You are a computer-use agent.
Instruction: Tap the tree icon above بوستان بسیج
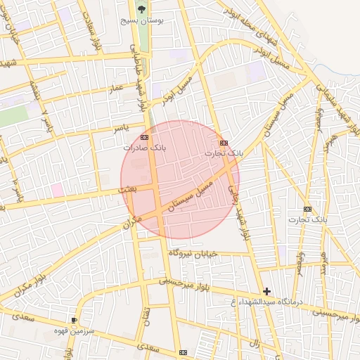point(142,9)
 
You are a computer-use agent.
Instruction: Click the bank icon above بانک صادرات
point(144,137)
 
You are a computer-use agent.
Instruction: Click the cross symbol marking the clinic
point(266,291)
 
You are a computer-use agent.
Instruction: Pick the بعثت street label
point(127,191)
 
